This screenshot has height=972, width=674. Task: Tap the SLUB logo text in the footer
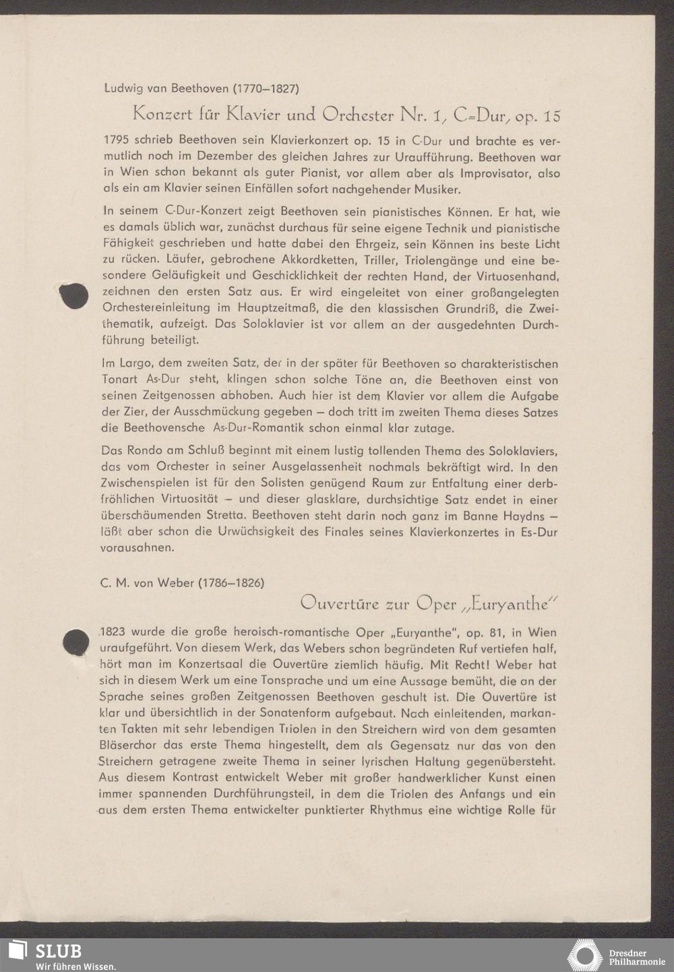click(59, 950)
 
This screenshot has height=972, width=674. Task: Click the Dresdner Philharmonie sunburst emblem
click(584, 956)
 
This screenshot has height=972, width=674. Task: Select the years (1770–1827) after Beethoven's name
click(266, 88)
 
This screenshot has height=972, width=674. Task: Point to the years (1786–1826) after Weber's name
click(231, 582)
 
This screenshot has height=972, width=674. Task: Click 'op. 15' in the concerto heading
click(538, 116)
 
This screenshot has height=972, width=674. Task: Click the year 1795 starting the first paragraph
click(117, 142)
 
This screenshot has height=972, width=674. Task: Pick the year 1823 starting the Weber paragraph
click(113, 633)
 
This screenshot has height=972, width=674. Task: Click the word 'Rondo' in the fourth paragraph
click(148, 450)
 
